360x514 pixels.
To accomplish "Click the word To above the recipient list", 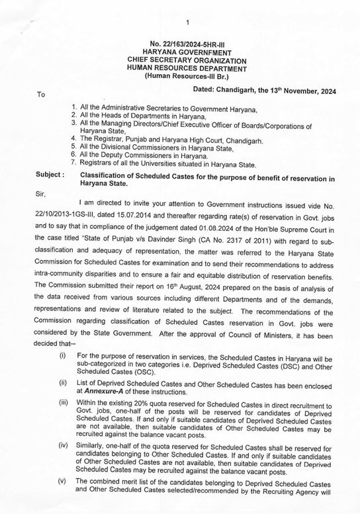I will tap(41, 95).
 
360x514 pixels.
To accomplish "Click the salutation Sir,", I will tap(41, 194).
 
